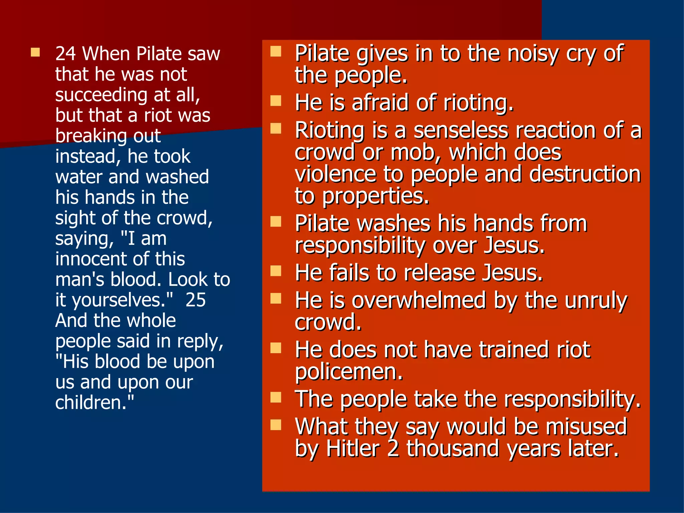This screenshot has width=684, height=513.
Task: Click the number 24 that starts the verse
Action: pyautogui.click(x=66, y=54)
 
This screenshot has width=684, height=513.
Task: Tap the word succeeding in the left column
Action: pyautogui.click(x=101, y=95)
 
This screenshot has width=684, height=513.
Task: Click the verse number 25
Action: pyautogui.click(x=195, y=300)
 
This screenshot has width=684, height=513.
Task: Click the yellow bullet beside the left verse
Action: pyautogui.click(x=35, y=52)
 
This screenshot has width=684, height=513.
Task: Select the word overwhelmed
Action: pyautogui.click(x=419, y=300)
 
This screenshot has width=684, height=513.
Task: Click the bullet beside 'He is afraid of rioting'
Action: pyautogui.click(x=276, y=101)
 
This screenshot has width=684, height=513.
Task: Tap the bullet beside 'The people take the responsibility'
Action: pyautogui.click(x=276, y=397)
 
